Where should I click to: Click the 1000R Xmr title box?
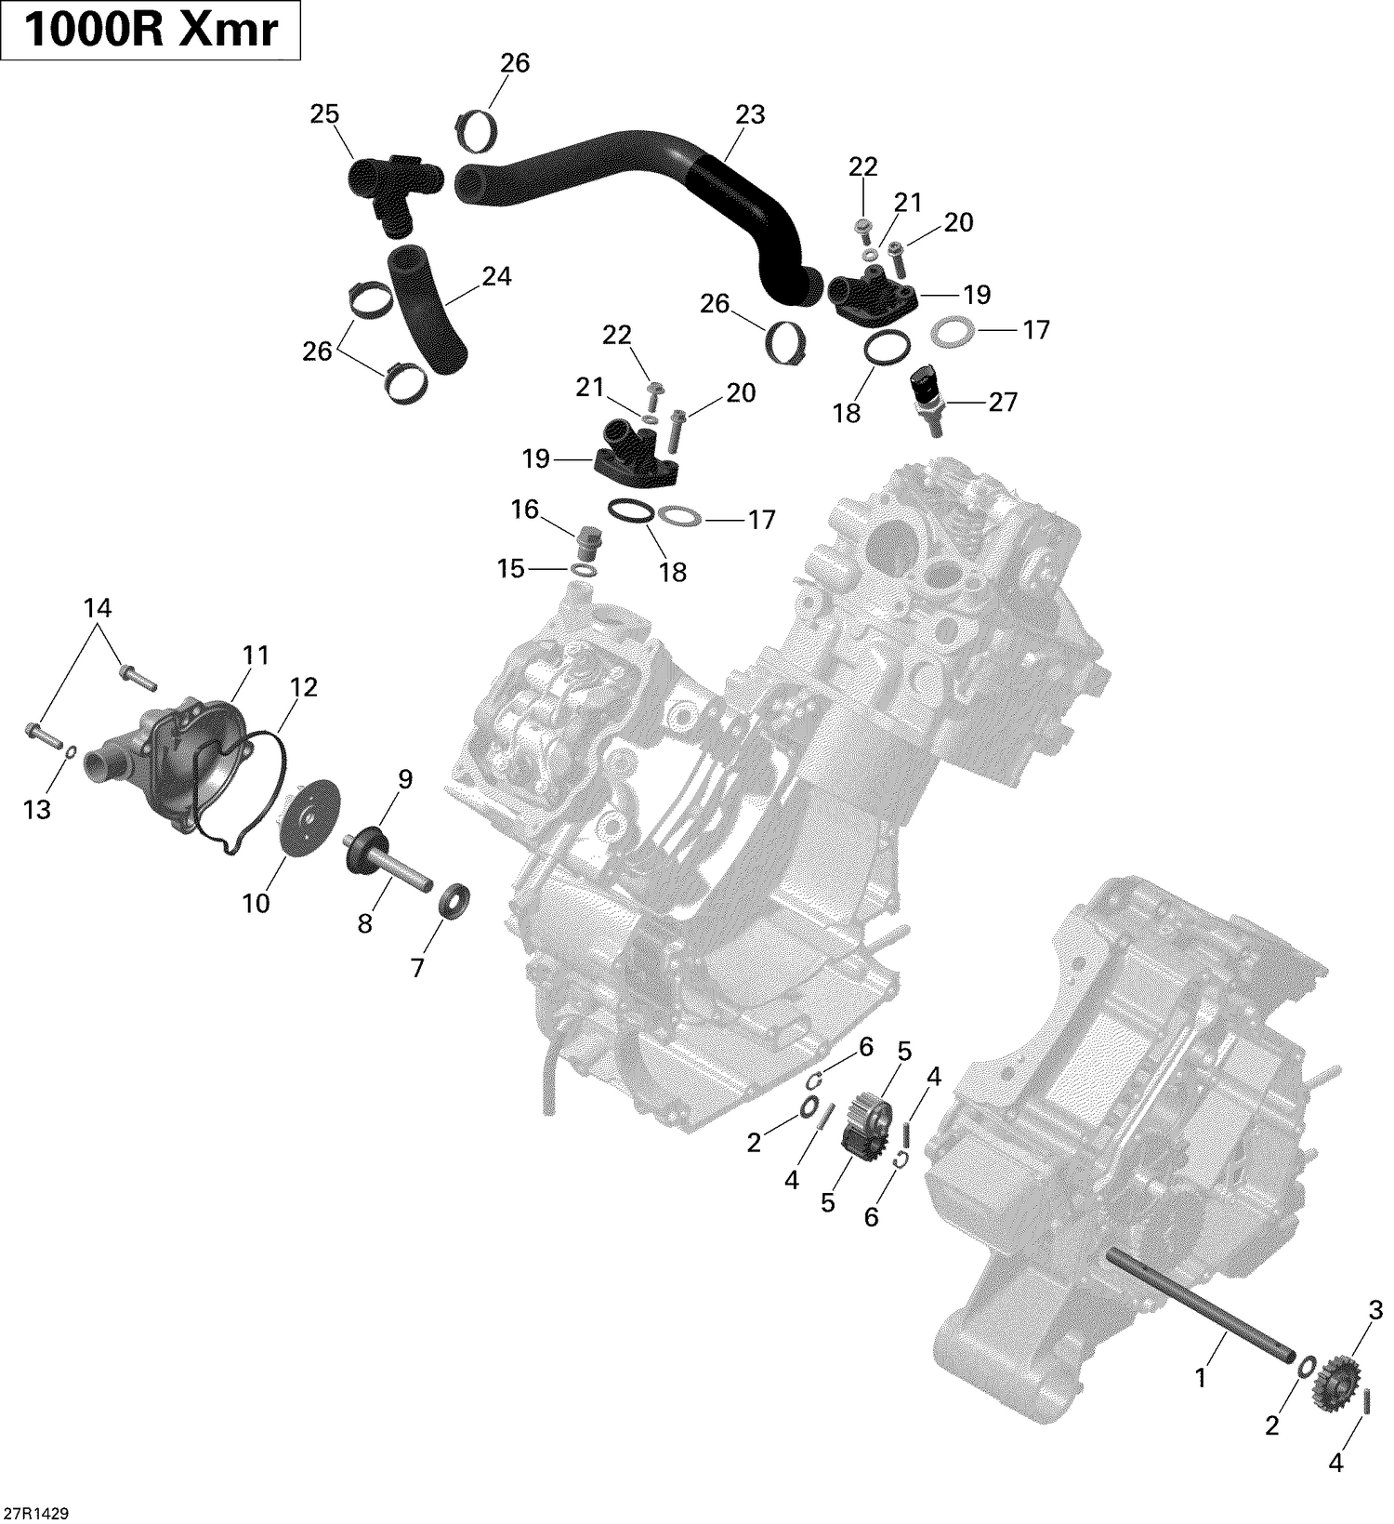tap(151, 31)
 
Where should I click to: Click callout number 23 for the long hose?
tap(749, 114)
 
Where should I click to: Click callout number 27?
tap(1002, 402)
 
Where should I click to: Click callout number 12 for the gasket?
tap(303, 687)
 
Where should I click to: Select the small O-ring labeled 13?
tap(70, 749)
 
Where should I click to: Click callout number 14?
tap(97, 608)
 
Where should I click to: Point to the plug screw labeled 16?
tap(586, 540)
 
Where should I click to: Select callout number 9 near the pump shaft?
tap(404, 779)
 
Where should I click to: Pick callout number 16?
tap(525, 510)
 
